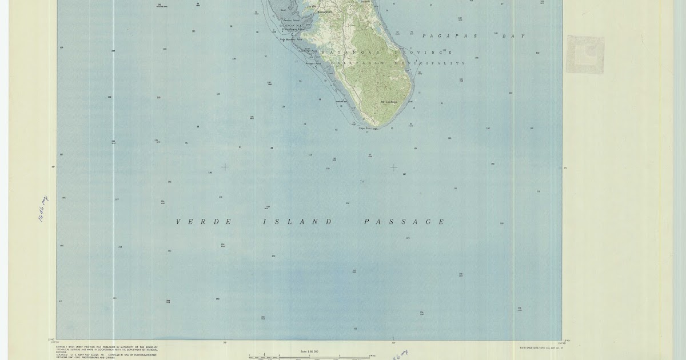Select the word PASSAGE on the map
point(404,222)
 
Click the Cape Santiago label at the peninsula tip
point(368,128)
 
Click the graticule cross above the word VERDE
point(225,167)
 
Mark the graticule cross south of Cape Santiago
point(393,167)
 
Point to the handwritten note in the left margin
point(43,208)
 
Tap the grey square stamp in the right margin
point(585,54)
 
